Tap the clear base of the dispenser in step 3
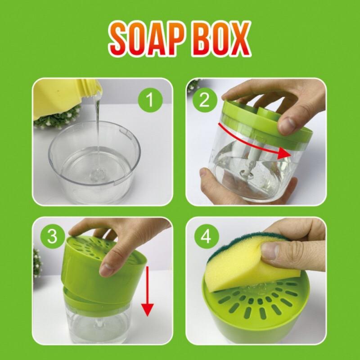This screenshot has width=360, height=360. pos(97,322)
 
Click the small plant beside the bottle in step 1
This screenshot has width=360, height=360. pos(56,118)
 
